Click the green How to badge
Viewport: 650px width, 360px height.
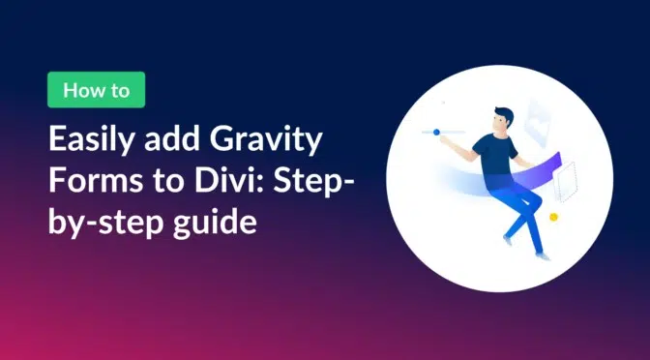(x=95, y=89)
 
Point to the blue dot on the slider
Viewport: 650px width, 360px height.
(x=436, y=132)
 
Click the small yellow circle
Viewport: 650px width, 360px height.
(x=553, y=217)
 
